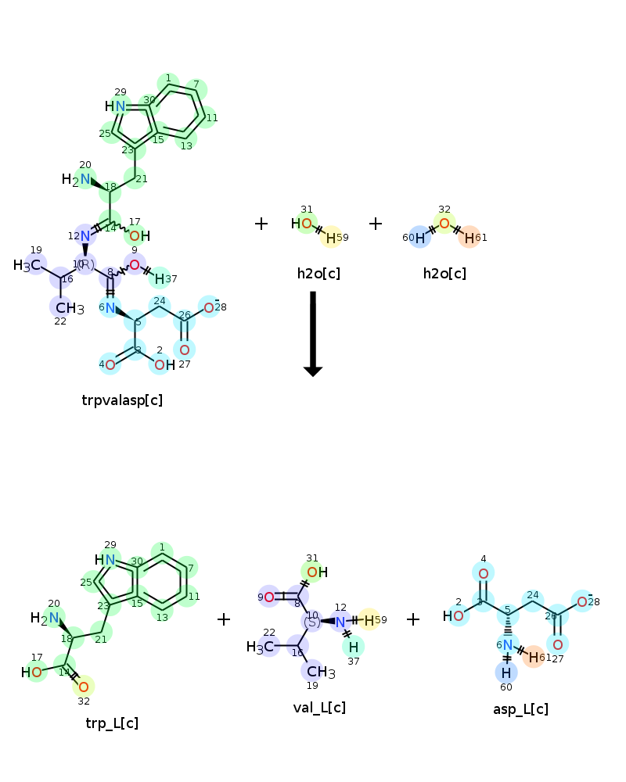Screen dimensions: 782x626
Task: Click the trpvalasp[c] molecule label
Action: click(x=122, y=400)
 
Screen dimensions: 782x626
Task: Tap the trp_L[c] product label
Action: click(x=112, y=723)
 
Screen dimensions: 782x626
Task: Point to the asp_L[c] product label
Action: click(x=520, y=709)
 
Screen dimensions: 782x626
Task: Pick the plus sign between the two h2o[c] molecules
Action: click(x=376, y=224)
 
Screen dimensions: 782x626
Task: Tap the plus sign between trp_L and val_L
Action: click(x=224, y=619)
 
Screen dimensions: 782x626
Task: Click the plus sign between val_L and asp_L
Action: click(x=413, y=619)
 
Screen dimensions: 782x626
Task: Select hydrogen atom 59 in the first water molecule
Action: click(x=331, y=238)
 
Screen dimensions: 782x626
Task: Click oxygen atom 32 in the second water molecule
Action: click(x=444, y=224)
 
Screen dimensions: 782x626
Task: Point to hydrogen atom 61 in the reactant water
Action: click(x=469, y=238)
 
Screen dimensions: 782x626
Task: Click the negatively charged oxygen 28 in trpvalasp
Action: click(x=209, y=307)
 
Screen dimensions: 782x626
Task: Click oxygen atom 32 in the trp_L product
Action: click(x=84, y=687)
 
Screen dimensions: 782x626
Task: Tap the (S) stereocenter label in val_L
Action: click(x=312, y=622)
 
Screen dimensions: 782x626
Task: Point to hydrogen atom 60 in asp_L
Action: click(x=506, y=673)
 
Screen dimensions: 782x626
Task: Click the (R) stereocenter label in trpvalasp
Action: click(x=85, y=264)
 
